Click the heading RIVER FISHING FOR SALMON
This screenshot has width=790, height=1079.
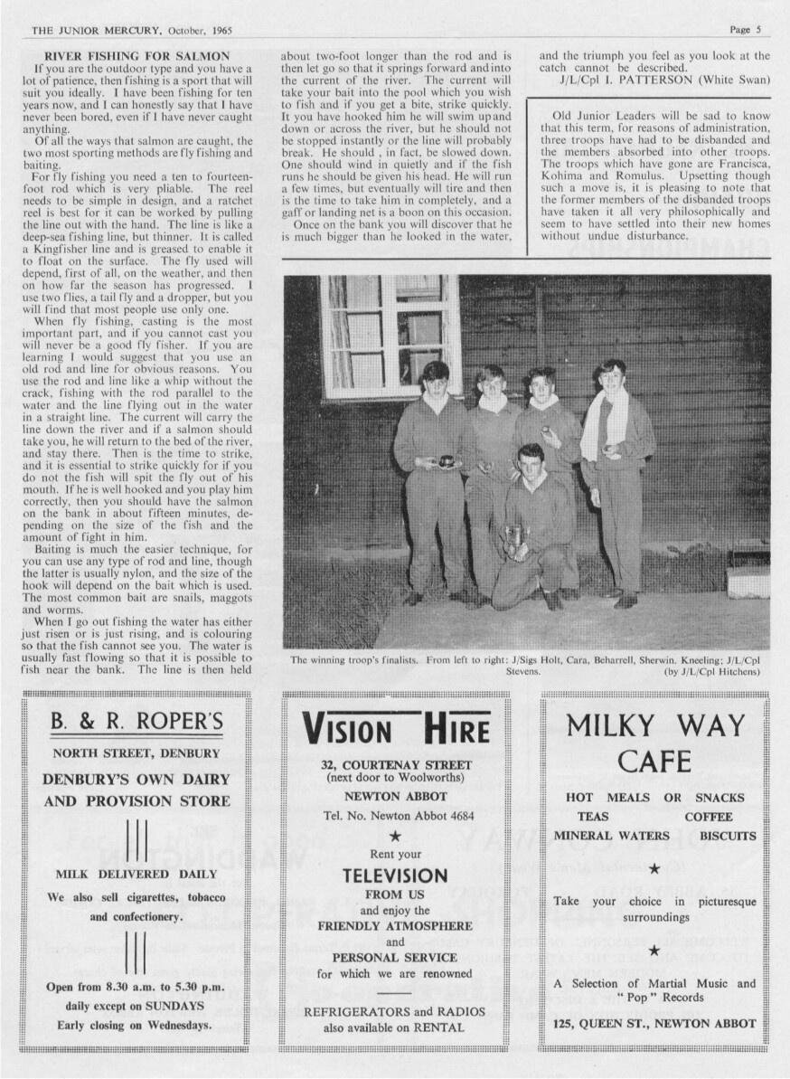point(136,56)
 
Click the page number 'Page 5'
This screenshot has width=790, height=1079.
point(746,29)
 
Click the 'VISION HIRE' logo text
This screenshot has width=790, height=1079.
point(396,729)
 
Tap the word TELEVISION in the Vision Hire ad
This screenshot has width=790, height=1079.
point(395,876)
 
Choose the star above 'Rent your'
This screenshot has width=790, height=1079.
point(395,836)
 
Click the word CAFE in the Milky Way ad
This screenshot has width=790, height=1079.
point(655,762)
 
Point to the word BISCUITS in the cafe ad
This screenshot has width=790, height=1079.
point(727,836)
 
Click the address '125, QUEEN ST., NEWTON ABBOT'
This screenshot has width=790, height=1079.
point(655,1024)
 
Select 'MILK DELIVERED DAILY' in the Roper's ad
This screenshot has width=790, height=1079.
point(136,874)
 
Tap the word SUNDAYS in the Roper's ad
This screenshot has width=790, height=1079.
point(181,1006)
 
